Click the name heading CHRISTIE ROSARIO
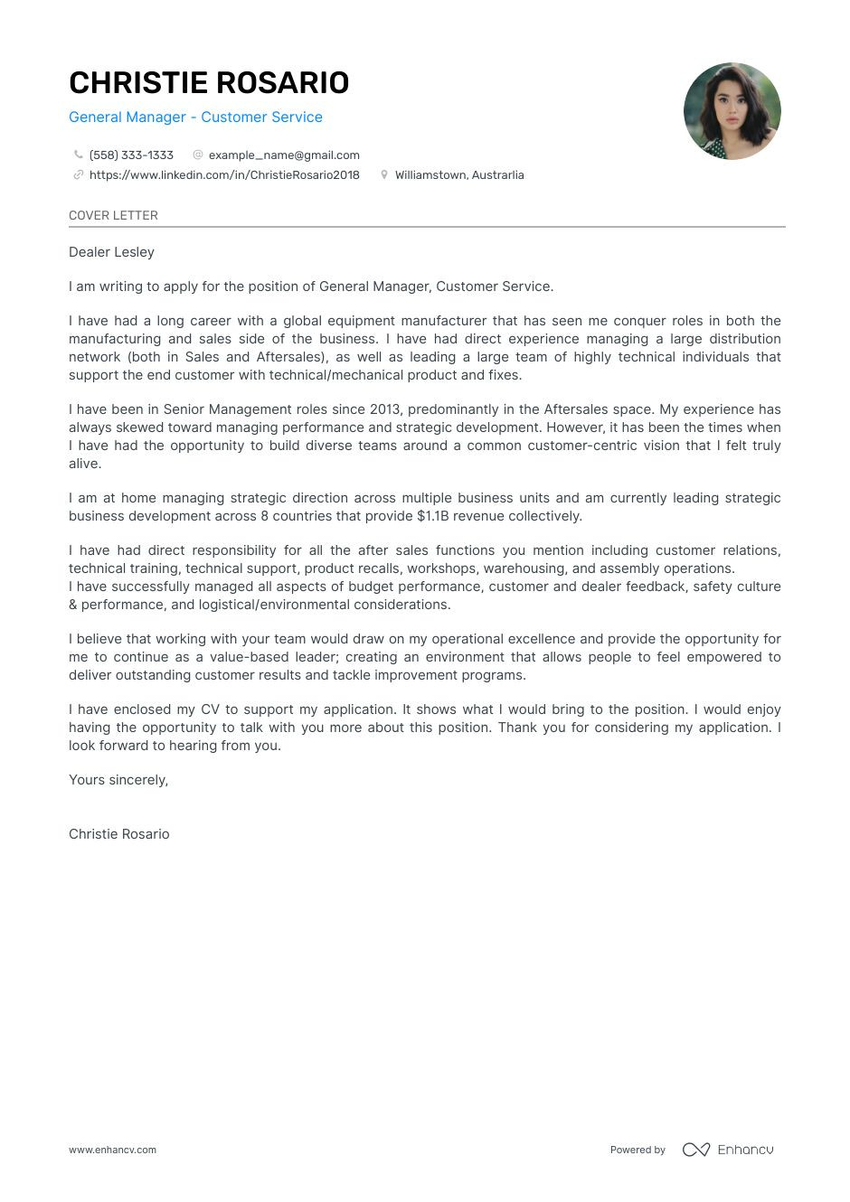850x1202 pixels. click(x=209, y=83)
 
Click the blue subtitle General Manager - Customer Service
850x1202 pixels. click(x=195, y=117)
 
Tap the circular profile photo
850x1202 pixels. click(x=732, y=111)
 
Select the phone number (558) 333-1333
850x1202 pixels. click(x=131, y=155)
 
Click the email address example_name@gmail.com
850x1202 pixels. click(x=284, y=155)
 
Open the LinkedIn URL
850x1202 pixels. click(x=224, y=175)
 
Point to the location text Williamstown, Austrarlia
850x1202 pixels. click(x=459, y=175)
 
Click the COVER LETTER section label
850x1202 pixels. click(x=113, y=215)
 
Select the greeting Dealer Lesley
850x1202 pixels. click(x=111, y=252)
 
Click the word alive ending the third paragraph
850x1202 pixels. click(x=84, y=464)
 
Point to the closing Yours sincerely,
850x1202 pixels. click(x=118, y=780)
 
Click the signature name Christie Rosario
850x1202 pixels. click(x=119, y=834)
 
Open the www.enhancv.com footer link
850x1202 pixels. click(x=112, y=1150)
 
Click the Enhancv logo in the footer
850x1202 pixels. click(x=728, y=1150)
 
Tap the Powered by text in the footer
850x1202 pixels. click(x=637, y=1150)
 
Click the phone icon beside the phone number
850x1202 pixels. click(x=79, y=155)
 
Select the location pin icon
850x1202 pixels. click(x=384, y=175)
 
